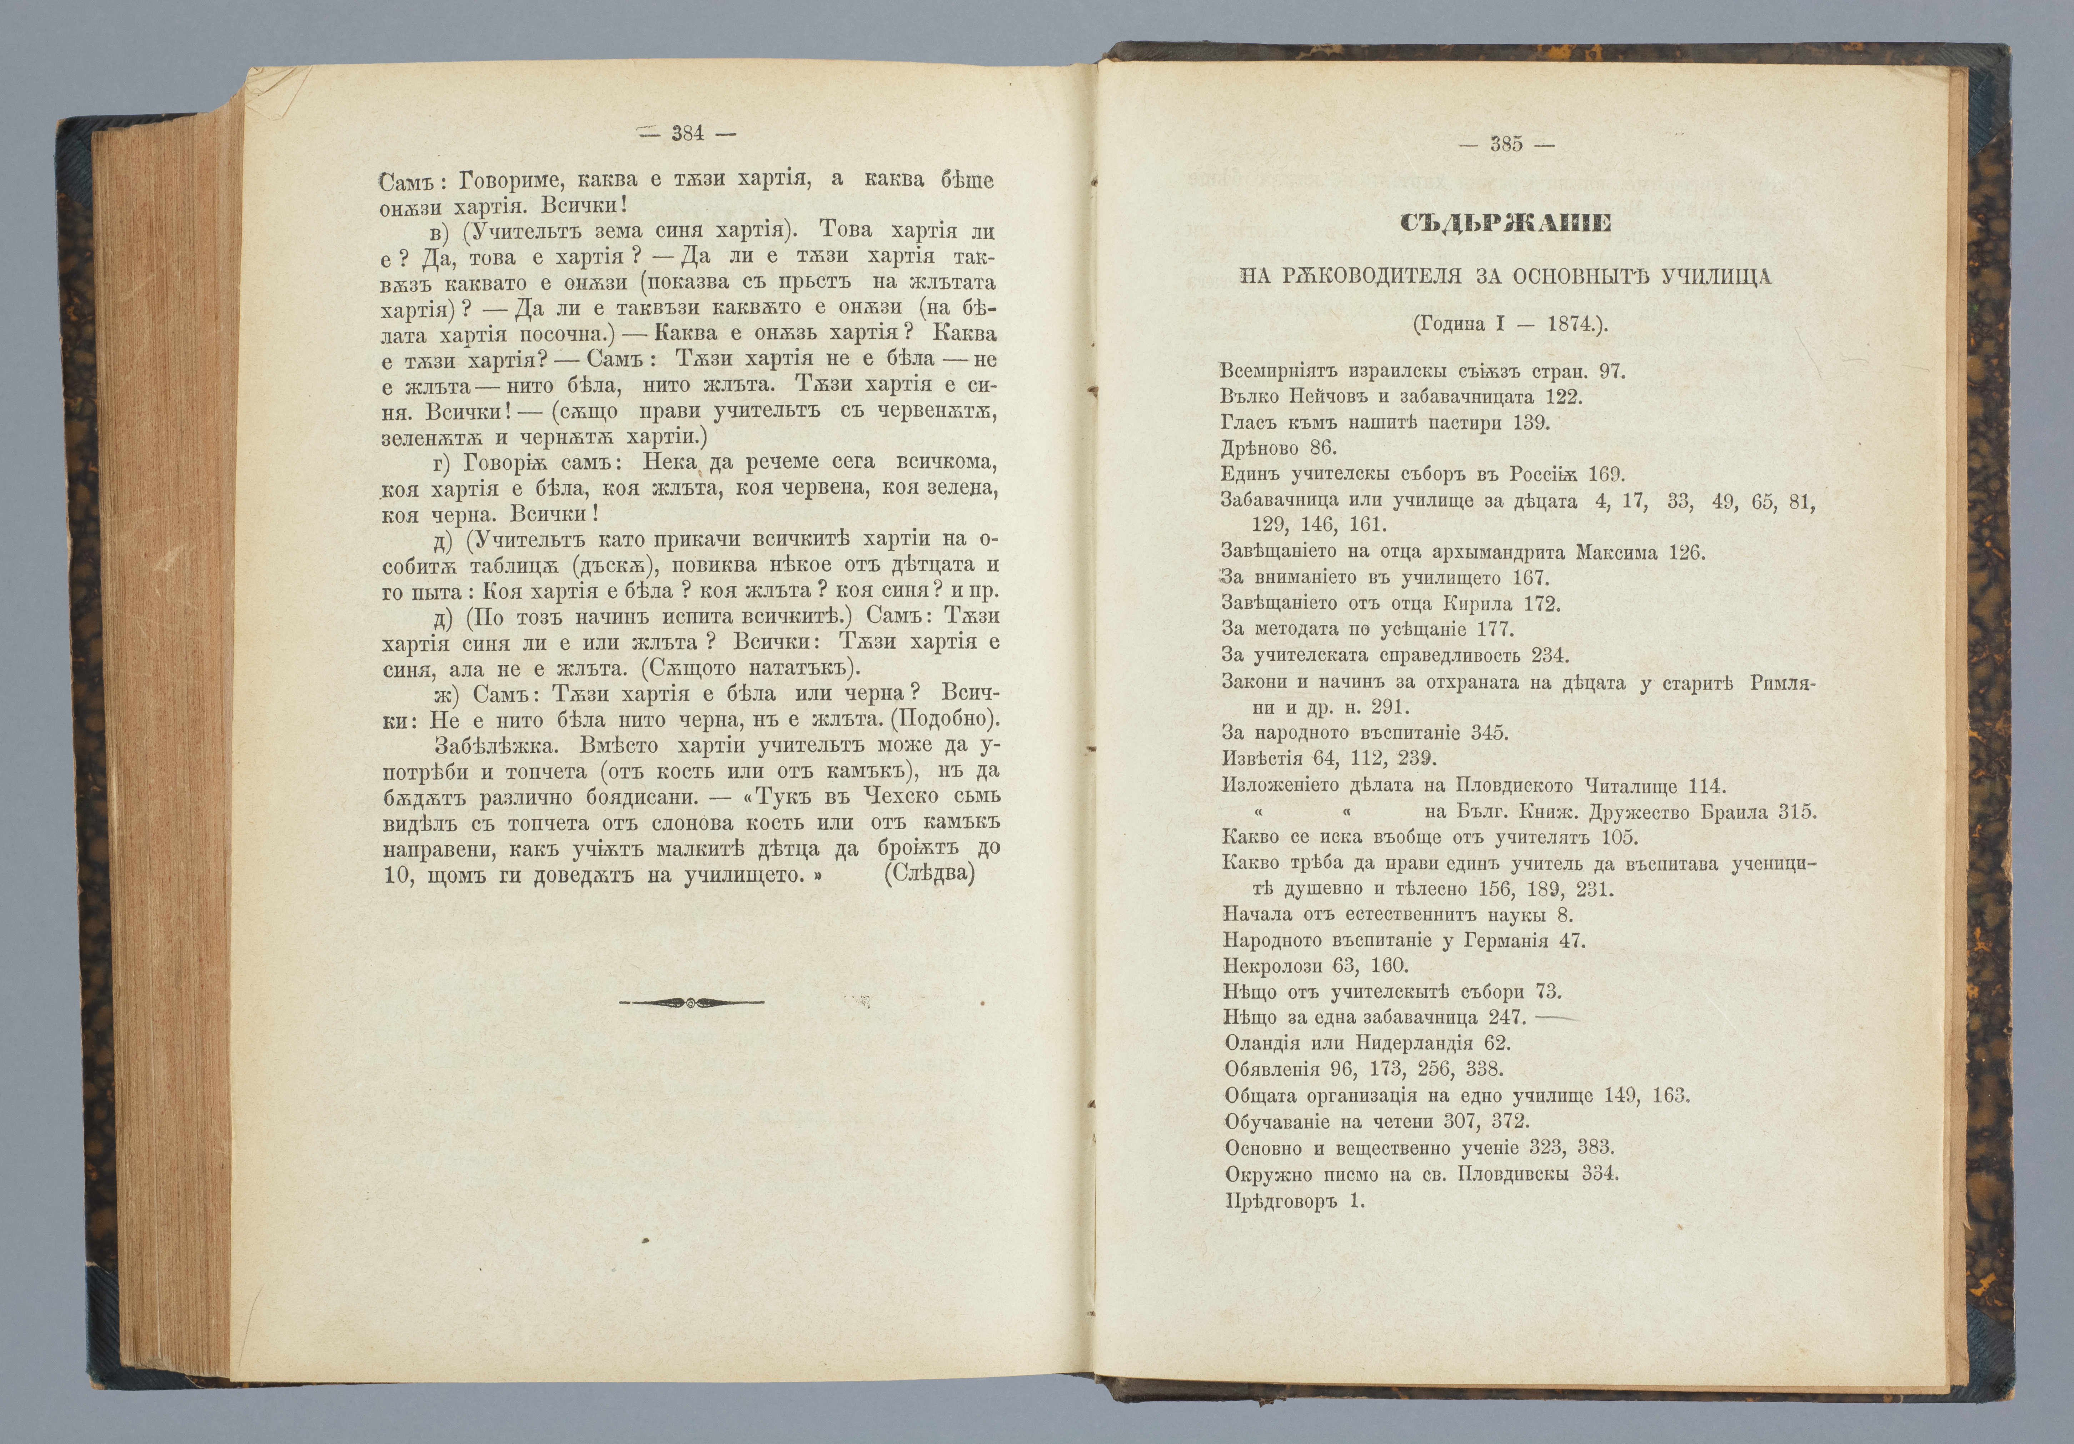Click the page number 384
click(x=687, y=134)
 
